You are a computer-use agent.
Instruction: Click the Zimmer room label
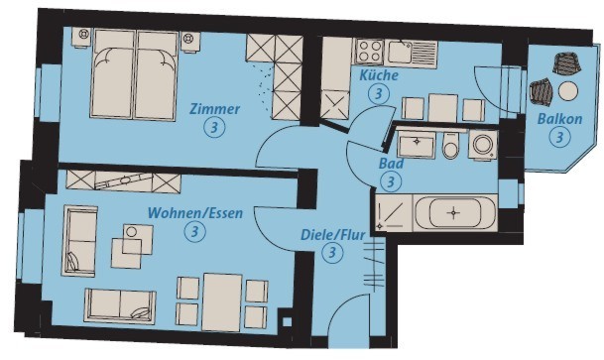[214, 109]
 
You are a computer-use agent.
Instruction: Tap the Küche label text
[379, 75]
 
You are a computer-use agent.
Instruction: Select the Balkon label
[559, 119]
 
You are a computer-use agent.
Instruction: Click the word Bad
[392, 164]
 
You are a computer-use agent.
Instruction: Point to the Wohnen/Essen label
[195, 213]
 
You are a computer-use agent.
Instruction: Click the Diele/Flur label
[333, 234]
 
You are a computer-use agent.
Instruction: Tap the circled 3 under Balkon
[559, 137]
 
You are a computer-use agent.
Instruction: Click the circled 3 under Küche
[379, 93]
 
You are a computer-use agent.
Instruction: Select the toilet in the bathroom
[450, 145]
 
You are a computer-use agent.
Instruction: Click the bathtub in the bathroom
[455, 213]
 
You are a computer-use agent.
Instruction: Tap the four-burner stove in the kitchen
[370, 52]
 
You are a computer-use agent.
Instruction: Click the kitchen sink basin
[400, 53]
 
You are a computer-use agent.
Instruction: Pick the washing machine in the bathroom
[483, 145]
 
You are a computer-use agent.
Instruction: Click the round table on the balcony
[568, 91]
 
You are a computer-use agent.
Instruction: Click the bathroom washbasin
[416, 143]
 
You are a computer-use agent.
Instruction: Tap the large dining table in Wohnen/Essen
[222, 302]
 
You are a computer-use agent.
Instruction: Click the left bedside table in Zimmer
[83, 37]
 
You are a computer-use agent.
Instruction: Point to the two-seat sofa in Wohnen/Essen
[120, 306]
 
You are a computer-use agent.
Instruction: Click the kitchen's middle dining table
[443, 108]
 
